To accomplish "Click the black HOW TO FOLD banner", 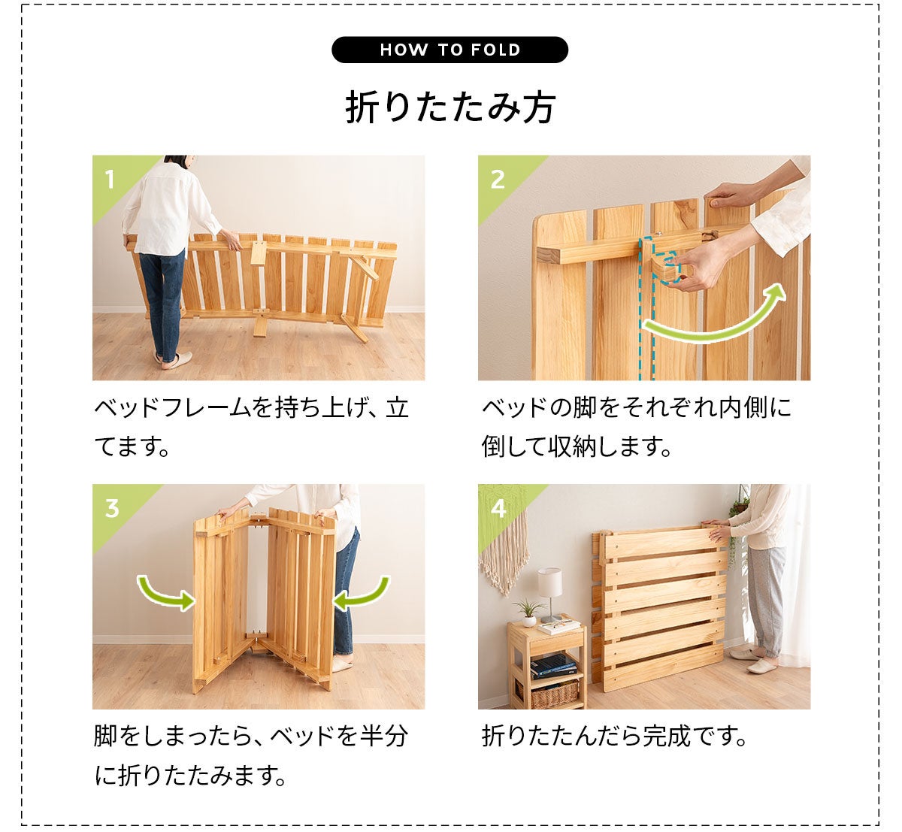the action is pyautogui.click(x=449, y=50).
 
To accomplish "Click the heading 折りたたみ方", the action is pyautogui.click(x=450, y=107).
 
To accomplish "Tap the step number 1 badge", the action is pyautogui.click(x=110, y=180).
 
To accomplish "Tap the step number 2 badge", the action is pyautogui.click(x=498, y=180).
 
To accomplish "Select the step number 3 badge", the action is pyautogui.click(x=112, y=509).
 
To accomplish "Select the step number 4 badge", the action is pyautogui.click(x=498, y=509).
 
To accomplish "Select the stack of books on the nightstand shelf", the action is pyautogui.click(x=553, y=665).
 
